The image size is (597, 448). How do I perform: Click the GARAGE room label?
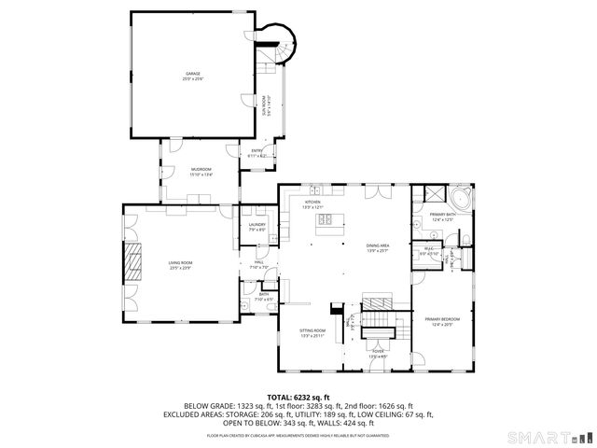[192, 75]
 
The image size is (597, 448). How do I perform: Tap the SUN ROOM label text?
[265, 105]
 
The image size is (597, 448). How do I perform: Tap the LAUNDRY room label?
[257, 226]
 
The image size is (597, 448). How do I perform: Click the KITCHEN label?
[312, 203]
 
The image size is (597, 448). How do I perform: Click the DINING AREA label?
[377, 247]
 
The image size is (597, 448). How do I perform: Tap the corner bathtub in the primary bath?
[461, 200]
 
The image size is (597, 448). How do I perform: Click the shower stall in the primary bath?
[431, 195]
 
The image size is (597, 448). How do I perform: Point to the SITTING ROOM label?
[312, 332]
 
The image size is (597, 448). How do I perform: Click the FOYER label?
[378, 354]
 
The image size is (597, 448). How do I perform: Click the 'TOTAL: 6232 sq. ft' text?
[298, 397]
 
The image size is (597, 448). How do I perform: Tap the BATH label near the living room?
[264, 296]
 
